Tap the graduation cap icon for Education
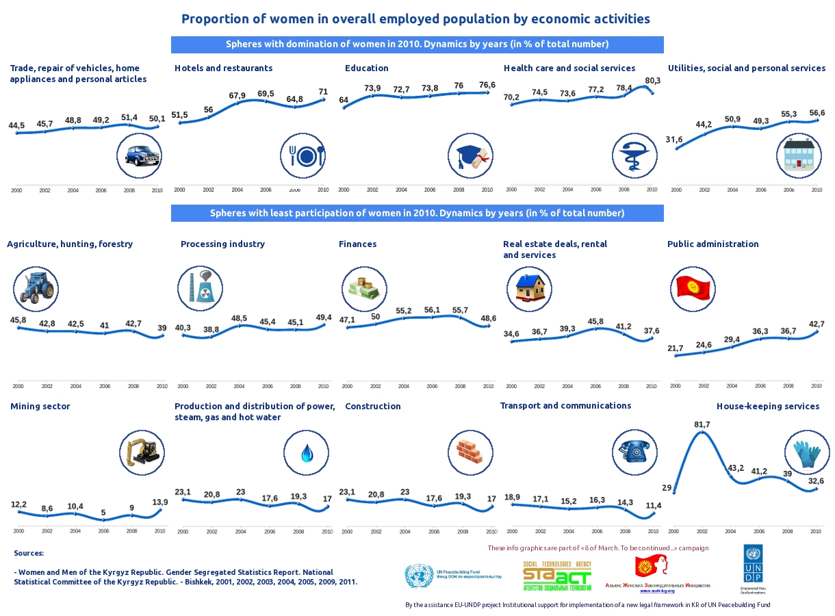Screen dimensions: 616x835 (x=470, y=157)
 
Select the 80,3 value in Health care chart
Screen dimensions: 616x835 (x=652, y=81)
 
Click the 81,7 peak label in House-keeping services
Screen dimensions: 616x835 (x=702, y=425)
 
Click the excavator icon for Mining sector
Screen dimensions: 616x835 (x=142, y=451)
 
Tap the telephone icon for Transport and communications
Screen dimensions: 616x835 (x=634, y=452)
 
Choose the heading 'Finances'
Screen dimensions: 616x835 (x=358, y=244)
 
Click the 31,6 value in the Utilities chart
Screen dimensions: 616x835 (x=674, y=140)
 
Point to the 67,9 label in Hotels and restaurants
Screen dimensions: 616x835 (x=237, y=96)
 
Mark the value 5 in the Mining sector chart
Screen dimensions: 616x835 (x=103, y=513)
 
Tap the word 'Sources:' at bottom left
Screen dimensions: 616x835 (x=29, y=553)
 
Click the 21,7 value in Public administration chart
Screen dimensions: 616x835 (x=675, y=348)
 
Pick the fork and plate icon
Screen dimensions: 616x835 (x=303, y=157)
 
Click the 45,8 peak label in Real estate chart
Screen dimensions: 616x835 (x=595, y=322)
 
